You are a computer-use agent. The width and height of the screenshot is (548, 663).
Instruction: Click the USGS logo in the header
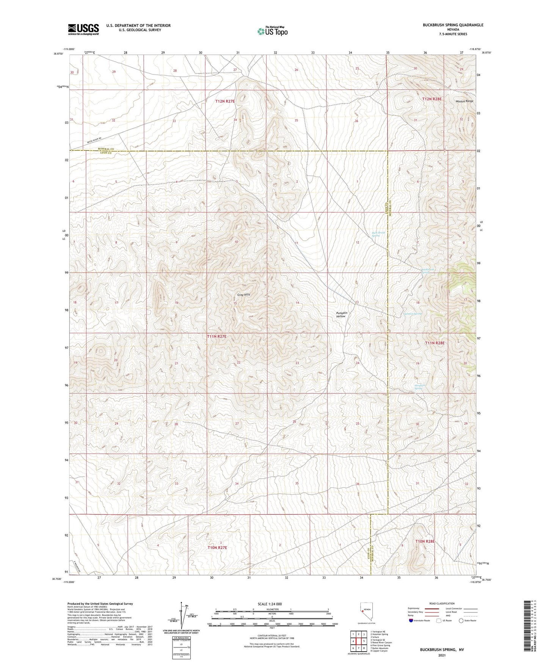point(83,29)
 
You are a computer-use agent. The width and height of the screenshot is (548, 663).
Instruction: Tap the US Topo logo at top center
point(272,31)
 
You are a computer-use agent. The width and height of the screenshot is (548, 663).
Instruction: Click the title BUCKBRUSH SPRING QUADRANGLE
point(453,25)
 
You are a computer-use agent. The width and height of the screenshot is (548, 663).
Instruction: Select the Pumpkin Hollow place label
point(342,314)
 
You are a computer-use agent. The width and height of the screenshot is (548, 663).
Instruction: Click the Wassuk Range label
point(465,101)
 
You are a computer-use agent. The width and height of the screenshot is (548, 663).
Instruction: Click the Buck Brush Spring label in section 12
point(375,234)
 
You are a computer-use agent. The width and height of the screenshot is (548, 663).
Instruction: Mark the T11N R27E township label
point(217,336)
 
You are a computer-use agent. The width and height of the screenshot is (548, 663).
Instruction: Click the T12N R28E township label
point(432,99)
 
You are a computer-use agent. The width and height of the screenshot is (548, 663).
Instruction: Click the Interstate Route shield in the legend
point(411,631)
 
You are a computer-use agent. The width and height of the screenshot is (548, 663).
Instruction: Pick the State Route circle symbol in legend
point(461,631)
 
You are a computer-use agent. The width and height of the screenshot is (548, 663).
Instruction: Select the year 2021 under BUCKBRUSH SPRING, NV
point(441,655)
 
